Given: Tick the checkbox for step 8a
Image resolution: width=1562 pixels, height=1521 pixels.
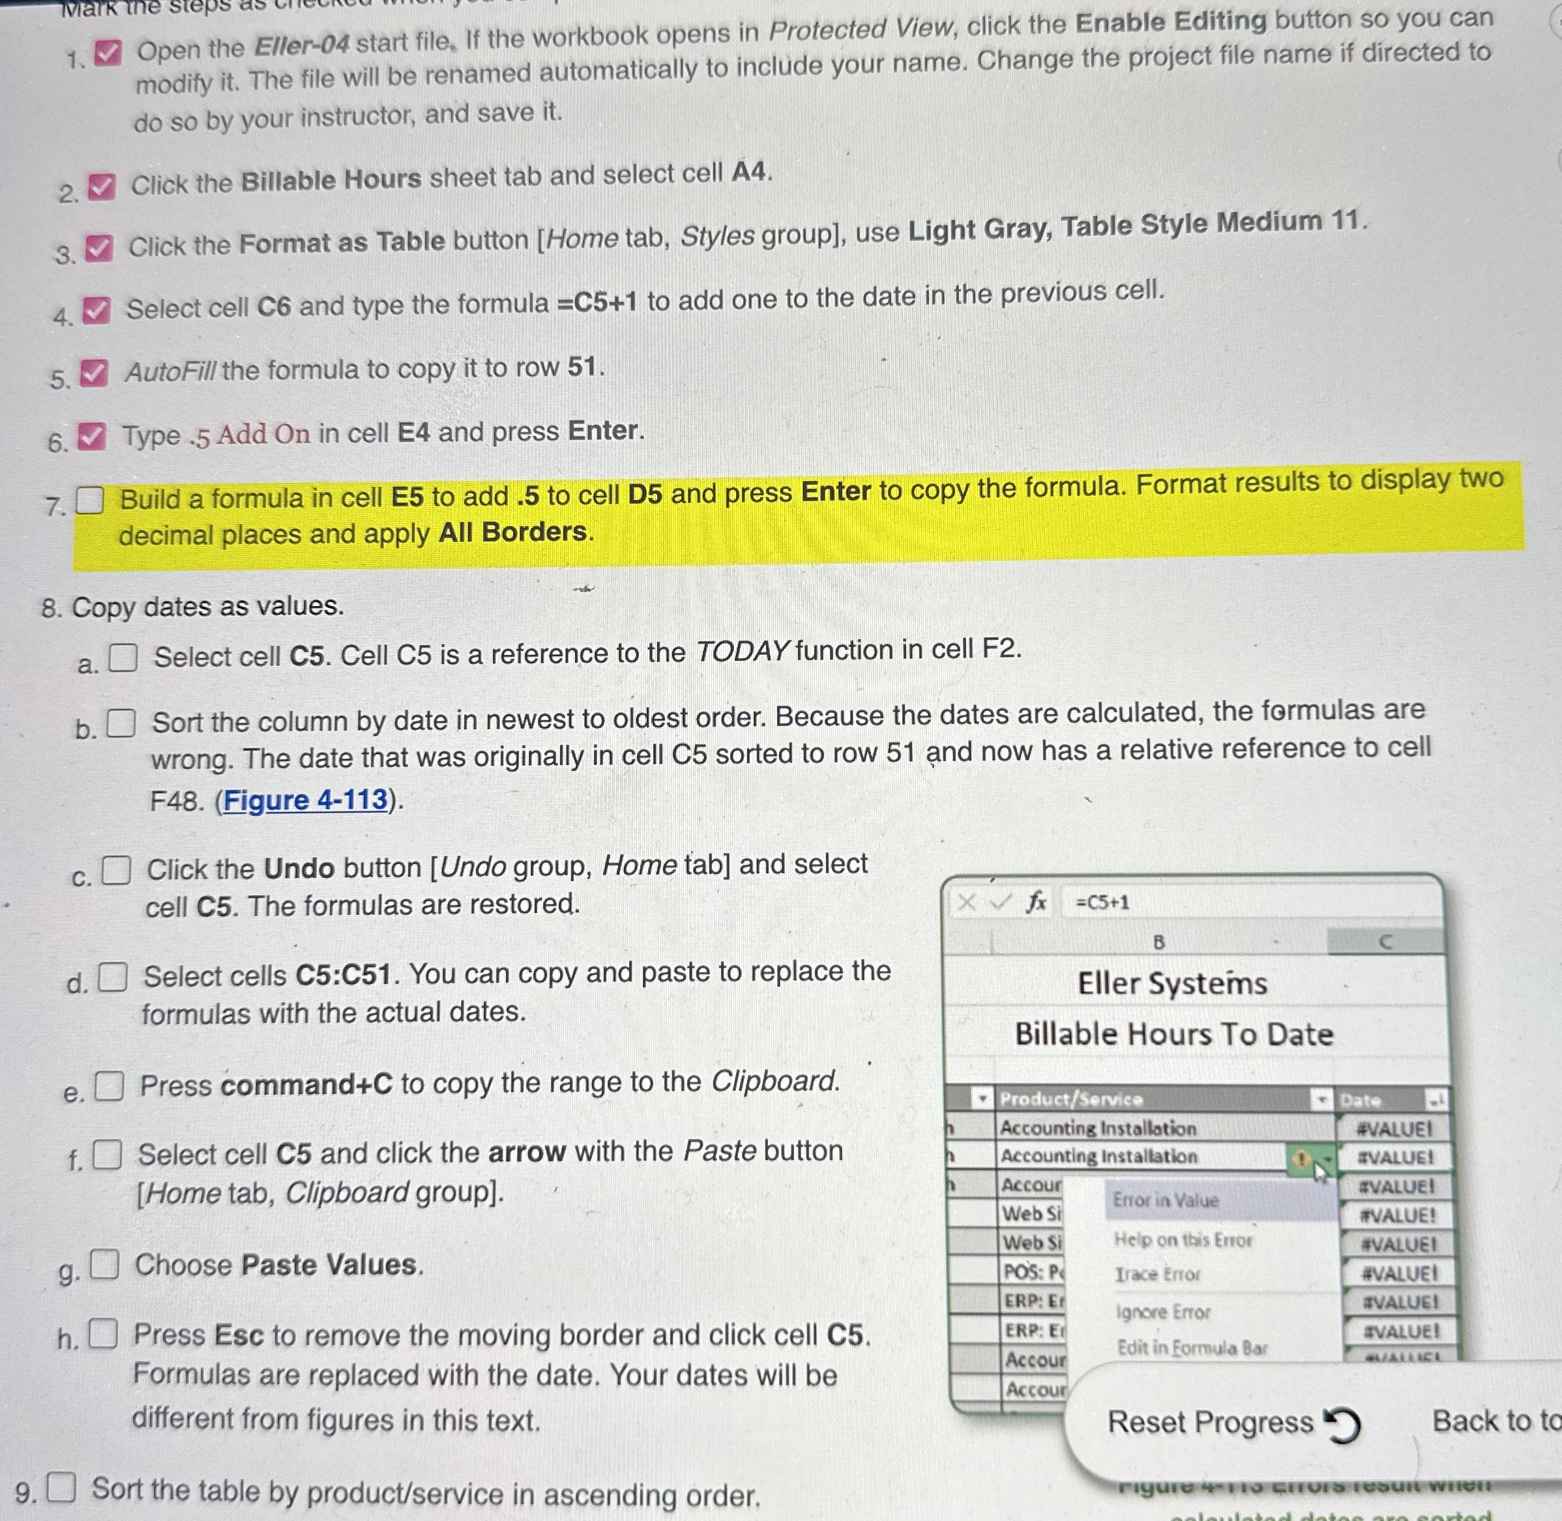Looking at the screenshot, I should pos(123,658).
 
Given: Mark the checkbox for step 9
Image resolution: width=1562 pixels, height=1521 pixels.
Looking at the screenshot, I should pos(61,1486).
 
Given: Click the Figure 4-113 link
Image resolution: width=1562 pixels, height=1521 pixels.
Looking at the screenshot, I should pos(305,800).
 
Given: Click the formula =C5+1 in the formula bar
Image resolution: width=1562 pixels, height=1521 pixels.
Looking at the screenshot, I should pos(1102,903).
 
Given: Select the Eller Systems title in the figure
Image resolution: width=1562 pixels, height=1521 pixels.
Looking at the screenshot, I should pos(1172,983).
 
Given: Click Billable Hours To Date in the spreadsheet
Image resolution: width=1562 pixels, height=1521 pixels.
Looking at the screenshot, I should pos(1173,1034).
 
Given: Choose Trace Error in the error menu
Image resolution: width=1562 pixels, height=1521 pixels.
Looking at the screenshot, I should pos(1158,1274).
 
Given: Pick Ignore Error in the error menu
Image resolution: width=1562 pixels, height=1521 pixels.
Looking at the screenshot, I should pos(1162,1312).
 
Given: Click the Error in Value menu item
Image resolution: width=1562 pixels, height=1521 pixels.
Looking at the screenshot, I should pos(1166,1200).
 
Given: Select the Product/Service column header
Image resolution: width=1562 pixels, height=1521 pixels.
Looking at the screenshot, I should pos(1071,1099).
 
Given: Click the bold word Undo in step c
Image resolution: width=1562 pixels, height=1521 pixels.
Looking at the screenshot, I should pos(299,867).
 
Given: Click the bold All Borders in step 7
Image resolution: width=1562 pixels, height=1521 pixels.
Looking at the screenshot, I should pos(513,532).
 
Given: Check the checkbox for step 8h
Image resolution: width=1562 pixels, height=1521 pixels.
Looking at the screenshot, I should pos(103,1334).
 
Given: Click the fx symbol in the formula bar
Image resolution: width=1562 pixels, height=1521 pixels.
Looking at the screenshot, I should pos(1037,903).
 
